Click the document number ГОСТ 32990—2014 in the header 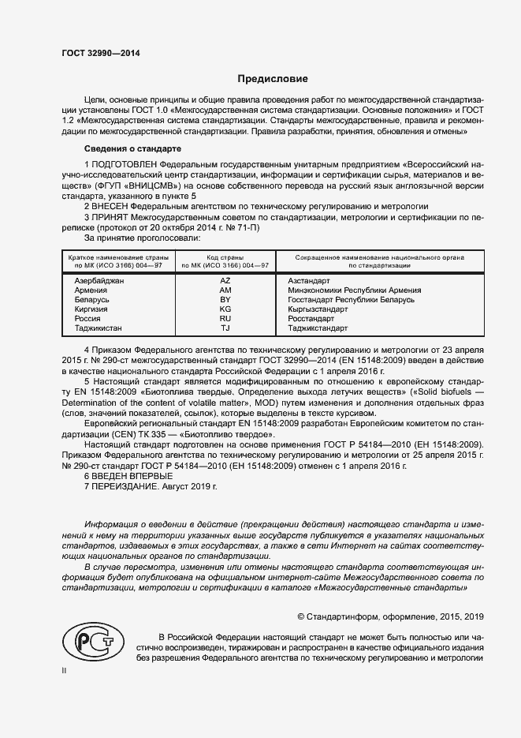tap(100, 53)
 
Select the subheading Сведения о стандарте tap(132, 148)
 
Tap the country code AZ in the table tap(225, 281)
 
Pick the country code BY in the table tap(225, 300)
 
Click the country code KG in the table tap(225, 309)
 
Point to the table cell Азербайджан tap(99, 281)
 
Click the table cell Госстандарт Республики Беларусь tap(351, 300)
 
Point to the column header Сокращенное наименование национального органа tap(379, 257)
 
